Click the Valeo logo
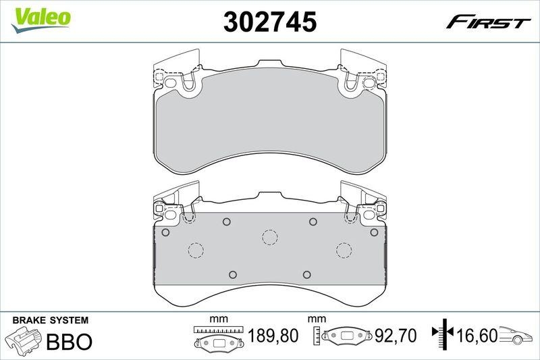pos(40,20)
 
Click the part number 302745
pos(269,22)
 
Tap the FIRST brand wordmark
pos(488,22)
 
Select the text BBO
pos(70,341)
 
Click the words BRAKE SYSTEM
pos(50,320)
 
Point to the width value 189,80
pos(273,336)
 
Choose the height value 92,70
pos(396,336)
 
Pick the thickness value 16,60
pos(477,336)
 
